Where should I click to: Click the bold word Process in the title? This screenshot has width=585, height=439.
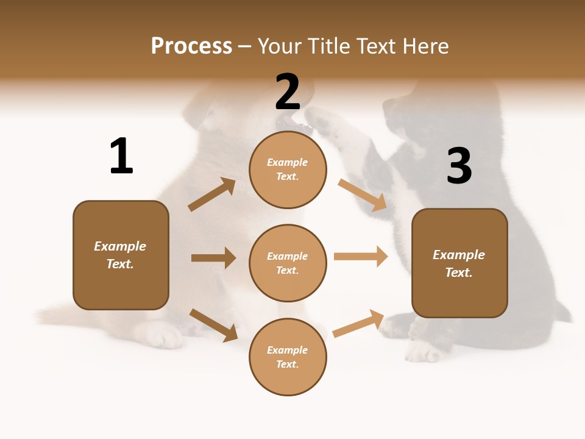tap(191, 46)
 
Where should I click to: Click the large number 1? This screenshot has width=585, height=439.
tap(121, 156)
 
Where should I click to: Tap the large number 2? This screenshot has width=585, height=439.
tap(288, 92)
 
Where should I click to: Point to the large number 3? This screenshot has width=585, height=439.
tap(459, 166)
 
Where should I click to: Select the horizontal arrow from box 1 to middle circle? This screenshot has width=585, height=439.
tap(213, 258)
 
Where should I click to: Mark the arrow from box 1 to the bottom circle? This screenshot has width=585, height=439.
tap(213, 325)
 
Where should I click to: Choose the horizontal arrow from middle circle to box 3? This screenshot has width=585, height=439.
tap(361, 257)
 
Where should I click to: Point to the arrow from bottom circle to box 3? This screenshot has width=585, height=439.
tap(358, 323)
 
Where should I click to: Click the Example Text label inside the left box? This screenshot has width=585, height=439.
tap(120, 255)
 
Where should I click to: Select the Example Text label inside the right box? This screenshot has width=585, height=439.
tap(459, 263)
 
